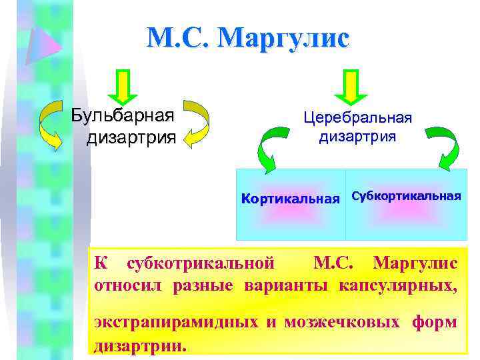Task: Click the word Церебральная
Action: [x=357, y=117]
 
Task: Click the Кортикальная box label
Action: [x=291, y=199]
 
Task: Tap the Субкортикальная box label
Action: [x=406, y=196]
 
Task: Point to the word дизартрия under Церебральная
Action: [x=357, y=137]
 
